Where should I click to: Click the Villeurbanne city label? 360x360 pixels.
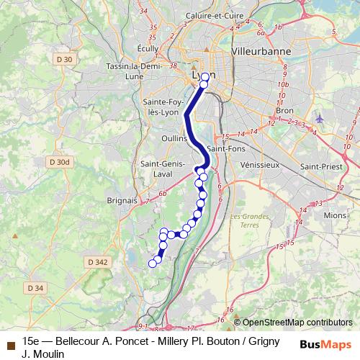(x=260, y=53)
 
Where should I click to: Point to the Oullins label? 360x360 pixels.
(x=175, y=138)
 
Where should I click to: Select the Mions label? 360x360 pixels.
(x=335, y=215)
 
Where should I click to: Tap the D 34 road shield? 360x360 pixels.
(x=35, y=288)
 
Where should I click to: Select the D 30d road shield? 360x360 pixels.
(x=60, y=163)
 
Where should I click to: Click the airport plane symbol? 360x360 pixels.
(x=320, y=117)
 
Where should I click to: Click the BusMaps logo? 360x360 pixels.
(x=325, y=344)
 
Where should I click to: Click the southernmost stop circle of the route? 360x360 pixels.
(x=152, y=264)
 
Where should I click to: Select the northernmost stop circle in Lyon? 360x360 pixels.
(x=205, y=76)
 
